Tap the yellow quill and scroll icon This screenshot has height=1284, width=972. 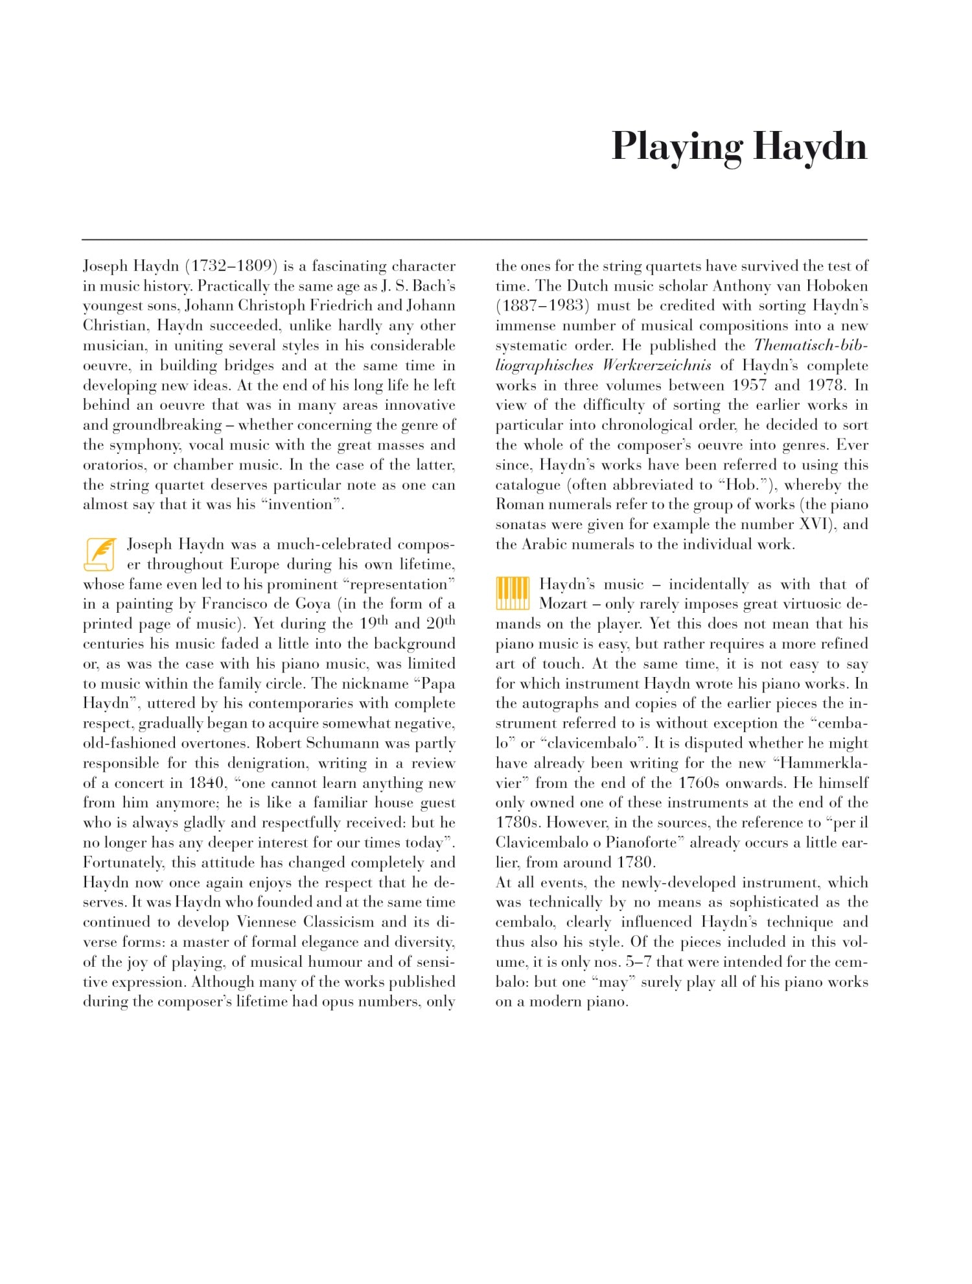pos(101,554)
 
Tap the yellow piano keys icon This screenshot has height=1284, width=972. pos(512,593)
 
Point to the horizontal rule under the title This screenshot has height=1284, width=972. pos(474,240)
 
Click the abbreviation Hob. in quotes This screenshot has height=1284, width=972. pos(743,485)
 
